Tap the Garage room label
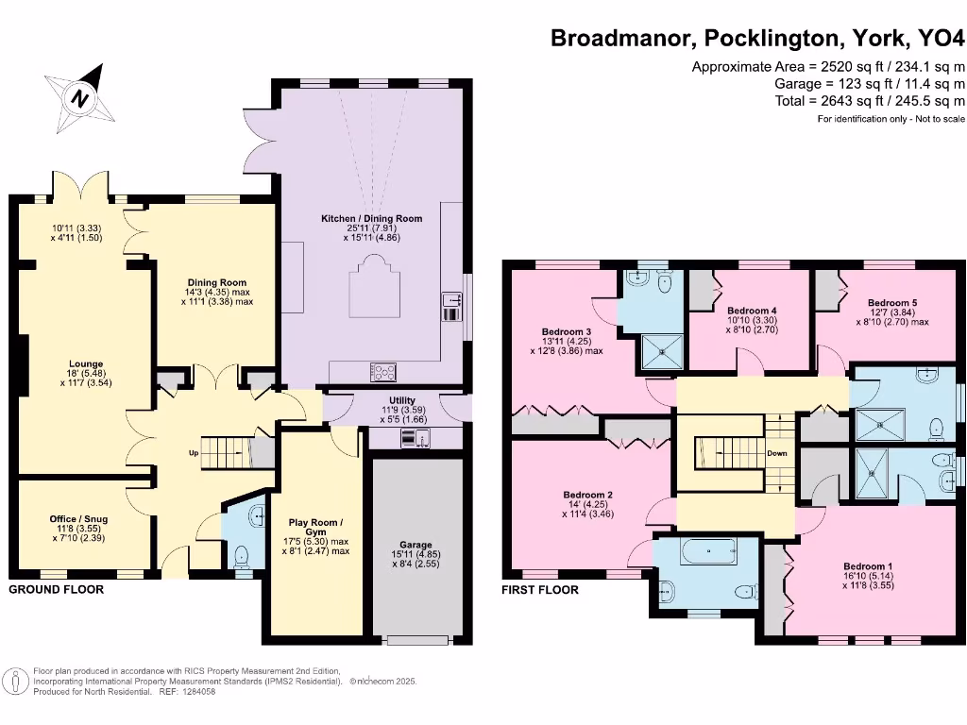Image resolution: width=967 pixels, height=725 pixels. (416, 545)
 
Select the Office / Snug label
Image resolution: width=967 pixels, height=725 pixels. (79, 519)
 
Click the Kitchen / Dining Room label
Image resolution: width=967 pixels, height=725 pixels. (372, 218)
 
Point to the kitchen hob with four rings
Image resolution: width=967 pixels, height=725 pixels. (383, 372)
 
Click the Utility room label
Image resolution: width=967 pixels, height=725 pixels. (402, 400)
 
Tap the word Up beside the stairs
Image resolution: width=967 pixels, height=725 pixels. (194, 453)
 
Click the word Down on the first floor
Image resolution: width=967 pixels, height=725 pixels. (777, 453)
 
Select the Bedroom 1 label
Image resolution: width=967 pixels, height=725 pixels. (868, 566)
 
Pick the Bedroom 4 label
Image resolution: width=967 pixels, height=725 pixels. (752, 311)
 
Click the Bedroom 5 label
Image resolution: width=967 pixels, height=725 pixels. (892, 303)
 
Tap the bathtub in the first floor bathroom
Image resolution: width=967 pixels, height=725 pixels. (708, 551)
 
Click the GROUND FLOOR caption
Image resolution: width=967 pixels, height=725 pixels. (56, 589)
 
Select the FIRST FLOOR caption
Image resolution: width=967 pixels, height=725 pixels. (540, 590)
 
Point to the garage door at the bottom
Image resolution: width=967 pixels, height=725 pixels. (417, 641)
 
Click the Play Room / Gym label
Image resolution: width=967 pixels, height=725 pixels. (315, 527)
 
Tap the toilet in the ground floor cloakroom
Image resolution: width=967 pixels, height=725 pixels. (242, 555)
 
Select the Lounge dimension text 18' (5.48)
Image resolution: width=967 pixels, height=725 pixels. (86, 374)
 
